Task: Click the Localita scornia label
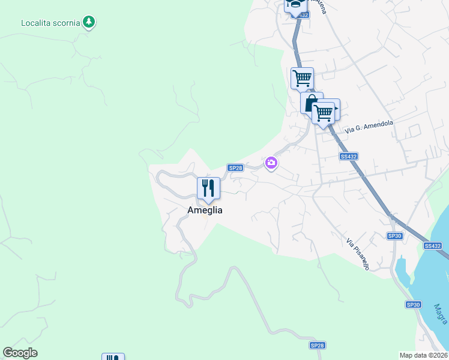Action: [x=50, y=23]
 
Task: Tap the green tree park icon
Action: [x=89, y=22]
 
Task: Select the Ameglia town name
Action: [x=205, y=210]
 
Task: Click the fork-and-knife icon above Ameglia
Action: [x=208, y=188]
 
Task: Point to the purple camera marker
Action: [x=271, y=163]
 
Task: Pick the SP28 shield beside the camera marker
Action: [x=235, y=168]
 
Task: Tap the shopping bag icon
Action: [x=310, y=103]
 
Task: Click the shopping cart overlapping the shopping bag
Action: [x=324, y=112]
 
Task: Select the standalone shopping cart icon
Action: [x=302, y=77]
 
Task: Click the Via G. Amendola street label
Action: [x=369, y=126]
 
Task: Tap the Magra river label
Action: [x=441, y=314]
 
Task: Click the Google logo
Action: [x=20, y=353]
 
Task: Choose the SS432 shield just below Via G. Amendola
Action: [x=348, y=157]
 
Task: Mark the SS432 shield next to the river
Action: [x=432, y=246]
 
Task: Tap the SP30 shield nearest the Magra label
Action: [x=413, y=305]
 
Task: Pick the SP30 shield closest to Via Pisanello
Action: [x=394, y=236]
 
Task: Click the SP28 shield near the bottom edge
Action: [x=317, y=346]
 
